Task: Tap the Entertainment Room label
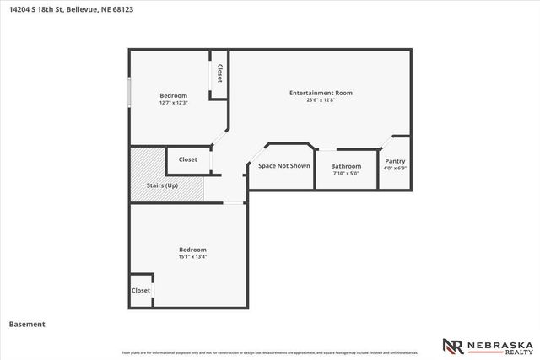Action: click(321, 93)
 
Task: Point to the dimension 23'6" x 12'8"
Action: click(321, 100)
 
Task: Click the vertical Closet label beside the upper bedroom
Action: click(219, 73)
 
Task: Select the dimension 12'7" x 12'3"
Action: click(173, 103)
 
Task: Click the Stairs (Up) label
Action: click(160, 185)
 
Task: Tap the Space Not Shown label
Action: click(284, 166)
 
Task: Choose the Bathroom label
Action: click(346, 166)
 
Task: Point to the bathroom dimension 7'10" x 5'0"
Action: click(346, 174)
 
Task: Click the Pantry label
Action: click(395, 161)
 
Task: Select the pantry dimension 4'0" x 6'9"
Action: click(395, 169)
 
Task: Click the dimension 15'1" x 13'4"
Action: click(192, 257)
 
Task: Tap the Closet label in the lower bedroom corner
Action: click(141, 290)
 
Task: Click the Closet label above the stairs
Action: click(187, 159)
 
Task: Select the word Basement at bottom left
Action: click(27, 324)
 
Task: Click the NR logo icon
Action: click(453, 346)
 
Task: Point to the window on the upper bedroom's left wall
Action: click(129, 93)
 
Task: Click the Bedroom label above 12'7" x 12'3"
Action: click(173, 95)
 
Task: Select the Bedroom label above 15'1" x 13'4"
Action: click(192, 250)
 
